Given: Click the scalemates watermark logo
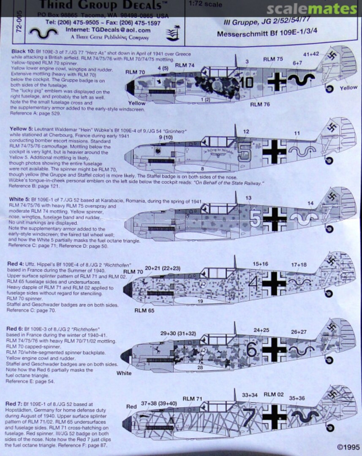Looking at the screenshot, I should click(317, 9).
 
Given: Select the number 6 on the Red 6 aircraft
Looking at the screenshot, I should click(252, 350).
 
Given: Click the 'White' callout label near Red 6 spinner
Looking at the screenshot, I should click(124, 373).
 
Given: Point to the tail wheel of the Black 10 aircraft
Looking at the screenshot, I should click(330, 88).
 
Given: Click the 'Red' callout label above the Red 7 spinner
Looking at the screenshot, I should click(131, 407).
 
